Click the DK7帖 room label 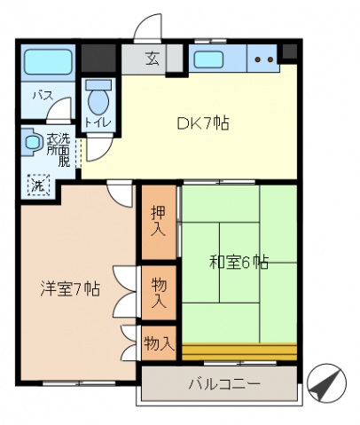pyautogui.click(x=203, y=123)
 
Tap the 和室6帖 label pyautogui.click(x=239, y=262)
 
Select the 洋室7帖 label pyautogui.click(x=70, y=289)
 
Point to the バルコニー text pyautogui.click(x=224, y=384)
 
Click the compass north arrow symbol pyautogui.click(x=326, y=383)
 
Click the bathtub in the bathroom pyautogui.click(x=48, y=62)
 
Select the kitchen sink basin pyautogui.click(x=208, y=59)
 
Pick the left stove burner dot pyautogui.click(x=258, y=59)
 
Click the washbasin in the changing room pyautogui.click(x=31, y=142)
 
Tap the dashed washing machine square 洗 pyautogui.click(x=38, y=185)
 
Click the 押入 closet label pyautogui.click(x=159, y=222)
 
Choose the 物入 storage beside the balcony pyautogui.click(x=159, y=343)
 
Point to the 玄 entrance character pyautogui.click(x=153, y=59)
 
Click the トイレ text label pyautogui.click(x=98, y=122)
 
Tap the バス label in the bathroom pyautogui.click(x=43, y=96)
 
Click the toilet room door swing pyautogui.click(x=99, y=148)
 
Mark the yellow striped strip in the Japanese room pyautogui.click(x=239, y=351)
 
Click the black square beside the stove pyautogui.click(x=289, y=51)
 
